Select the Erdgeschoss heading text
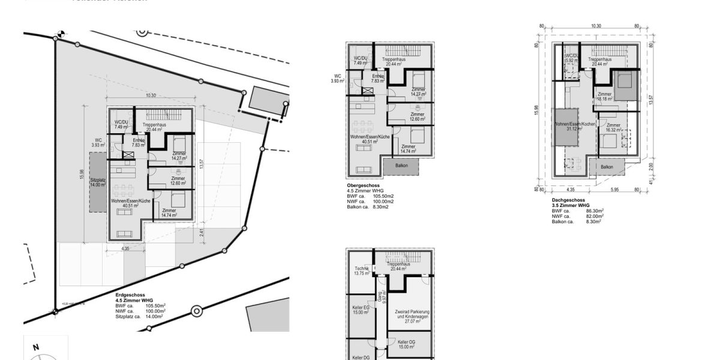click(x=130, y=296)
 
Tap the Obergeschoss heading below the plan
click(x=364, y=185)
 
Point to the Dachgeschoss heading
click(x=568, y=200)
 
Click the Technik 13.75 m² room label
click(x=361, y=271)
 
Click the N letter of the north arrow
click(x=36, y=347)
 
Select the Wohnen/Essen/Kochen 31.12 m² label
click(x=575, y=126)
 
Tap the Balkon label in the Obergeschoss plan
click(x=403, y=165)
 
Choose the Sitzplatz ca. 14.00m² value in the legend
click(x=153, y=316)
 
